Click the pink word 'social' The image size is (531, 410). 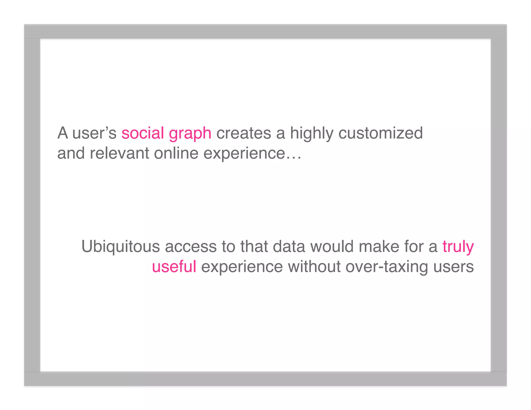[143, 133]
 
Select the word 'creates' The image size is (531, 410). [244, 133]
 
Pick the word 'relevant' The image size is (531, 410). [119, 153]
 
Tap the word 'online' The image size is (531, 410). [176, 153]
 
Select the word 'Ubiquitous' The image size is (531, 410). [121, 246]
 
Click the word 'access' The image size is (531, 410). [191, 247]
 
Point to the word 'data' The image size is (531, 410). [289, 246]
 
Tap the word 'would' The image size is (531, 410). [332, 246]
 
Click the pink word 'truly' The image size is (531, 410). [458, 247]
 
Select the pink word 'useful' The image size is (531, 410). [174, 267]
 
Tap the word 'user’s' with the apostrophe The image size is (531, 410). [94, 133]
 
